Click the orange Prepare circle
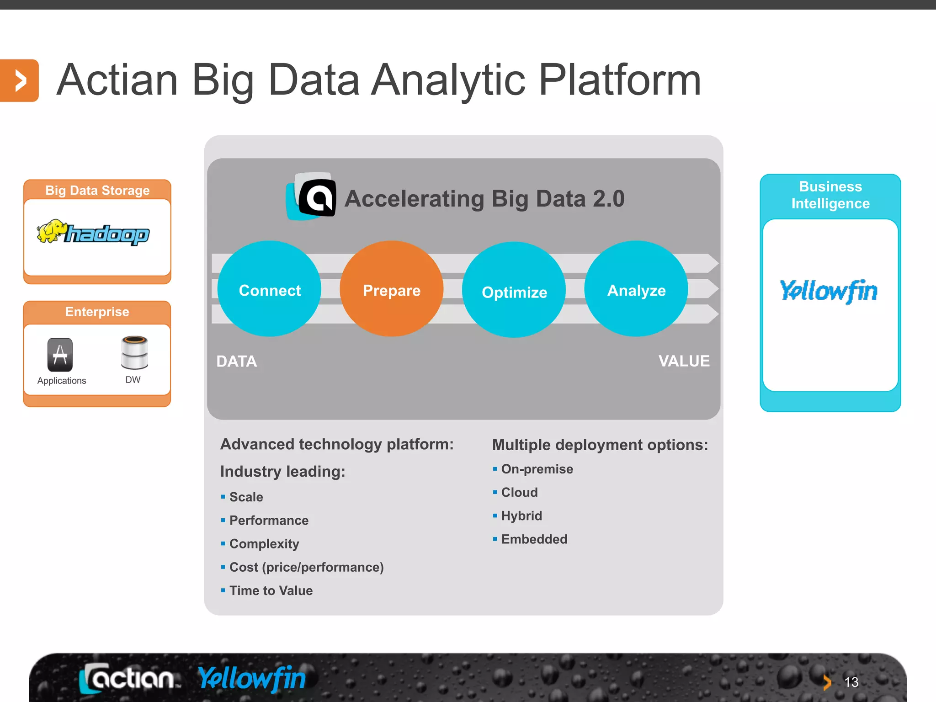pos(392,289)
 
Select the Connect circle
pos(269,289)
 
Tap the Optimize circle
pos(514,290)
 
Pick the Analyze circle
pos(636,289)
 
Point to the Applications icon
pos(60,355)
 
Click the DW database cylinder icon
pos(134,352)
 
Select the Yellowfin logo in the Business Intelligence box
pos(829,291)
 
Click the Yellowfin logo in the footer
pos(252,678)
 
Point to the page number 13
pos(851,682)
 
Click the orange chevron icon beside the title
pos(19,81)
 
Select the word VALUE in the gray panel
pos(684,361)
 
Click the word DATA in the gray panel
pos(236,362)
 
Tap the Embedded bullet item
pos(534,539)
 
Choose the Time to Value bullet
pos(271,590)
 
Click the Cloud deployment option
pos(519,492)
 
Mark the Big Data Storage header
pos(97,190)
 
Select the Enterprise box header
pos(97,312)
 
